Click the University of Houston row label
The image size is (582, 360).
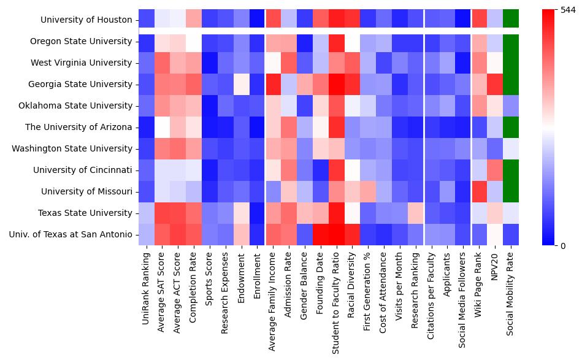(x=86, y=20)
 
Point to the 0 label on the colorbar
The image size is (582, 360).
(x=555, y=246)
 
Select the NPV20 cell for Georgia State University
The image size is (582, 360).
(x=495, y=84)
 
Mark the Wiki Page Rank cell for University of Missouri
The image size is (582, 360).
(x=479, y=191)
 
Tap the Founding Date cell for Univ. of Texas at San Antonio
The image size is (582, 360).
(x=320, y=234)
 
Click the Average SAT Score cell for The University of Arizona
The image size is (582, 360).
(x=163, y=127)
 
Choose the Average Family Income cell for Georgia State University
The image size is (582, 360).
(x=274, y=84)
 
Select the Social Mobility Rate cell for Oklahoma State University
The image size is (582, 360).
(x=511, y=105)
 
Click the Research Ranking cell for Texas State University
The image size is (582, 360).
(x=415, y=213)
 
